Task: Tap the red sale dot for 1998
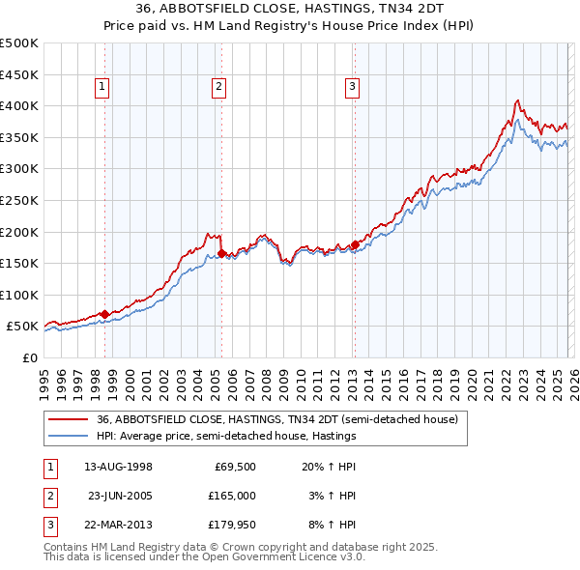(104, 314)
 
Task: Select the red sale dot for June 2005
(221, 253)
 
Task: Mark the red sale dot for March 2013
(354, 244)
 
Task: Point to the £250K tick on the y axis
(19, 200)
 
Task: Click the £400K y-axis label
(19, 105)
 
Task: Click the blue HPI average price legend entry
(226, 436)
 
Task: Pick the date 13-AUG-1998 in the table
(119, 466)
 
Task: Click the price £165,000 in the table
(233, 496)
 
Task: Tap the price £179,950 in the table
(233, 526)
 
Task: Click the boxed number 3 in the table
(47, 526)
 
